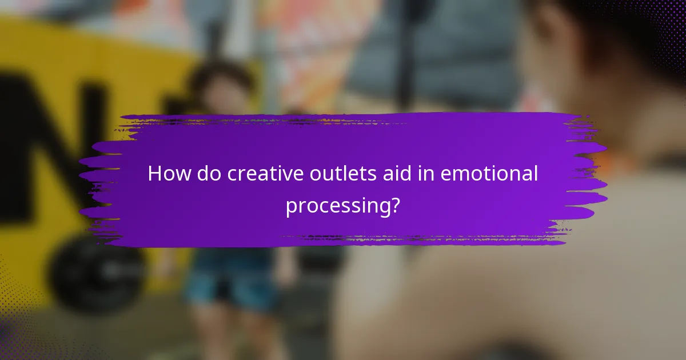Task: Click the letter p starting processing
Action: pos(291,207)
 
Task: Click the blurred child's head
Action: pos(220,86)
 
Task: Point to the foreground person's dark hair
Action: pos(617,34)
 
